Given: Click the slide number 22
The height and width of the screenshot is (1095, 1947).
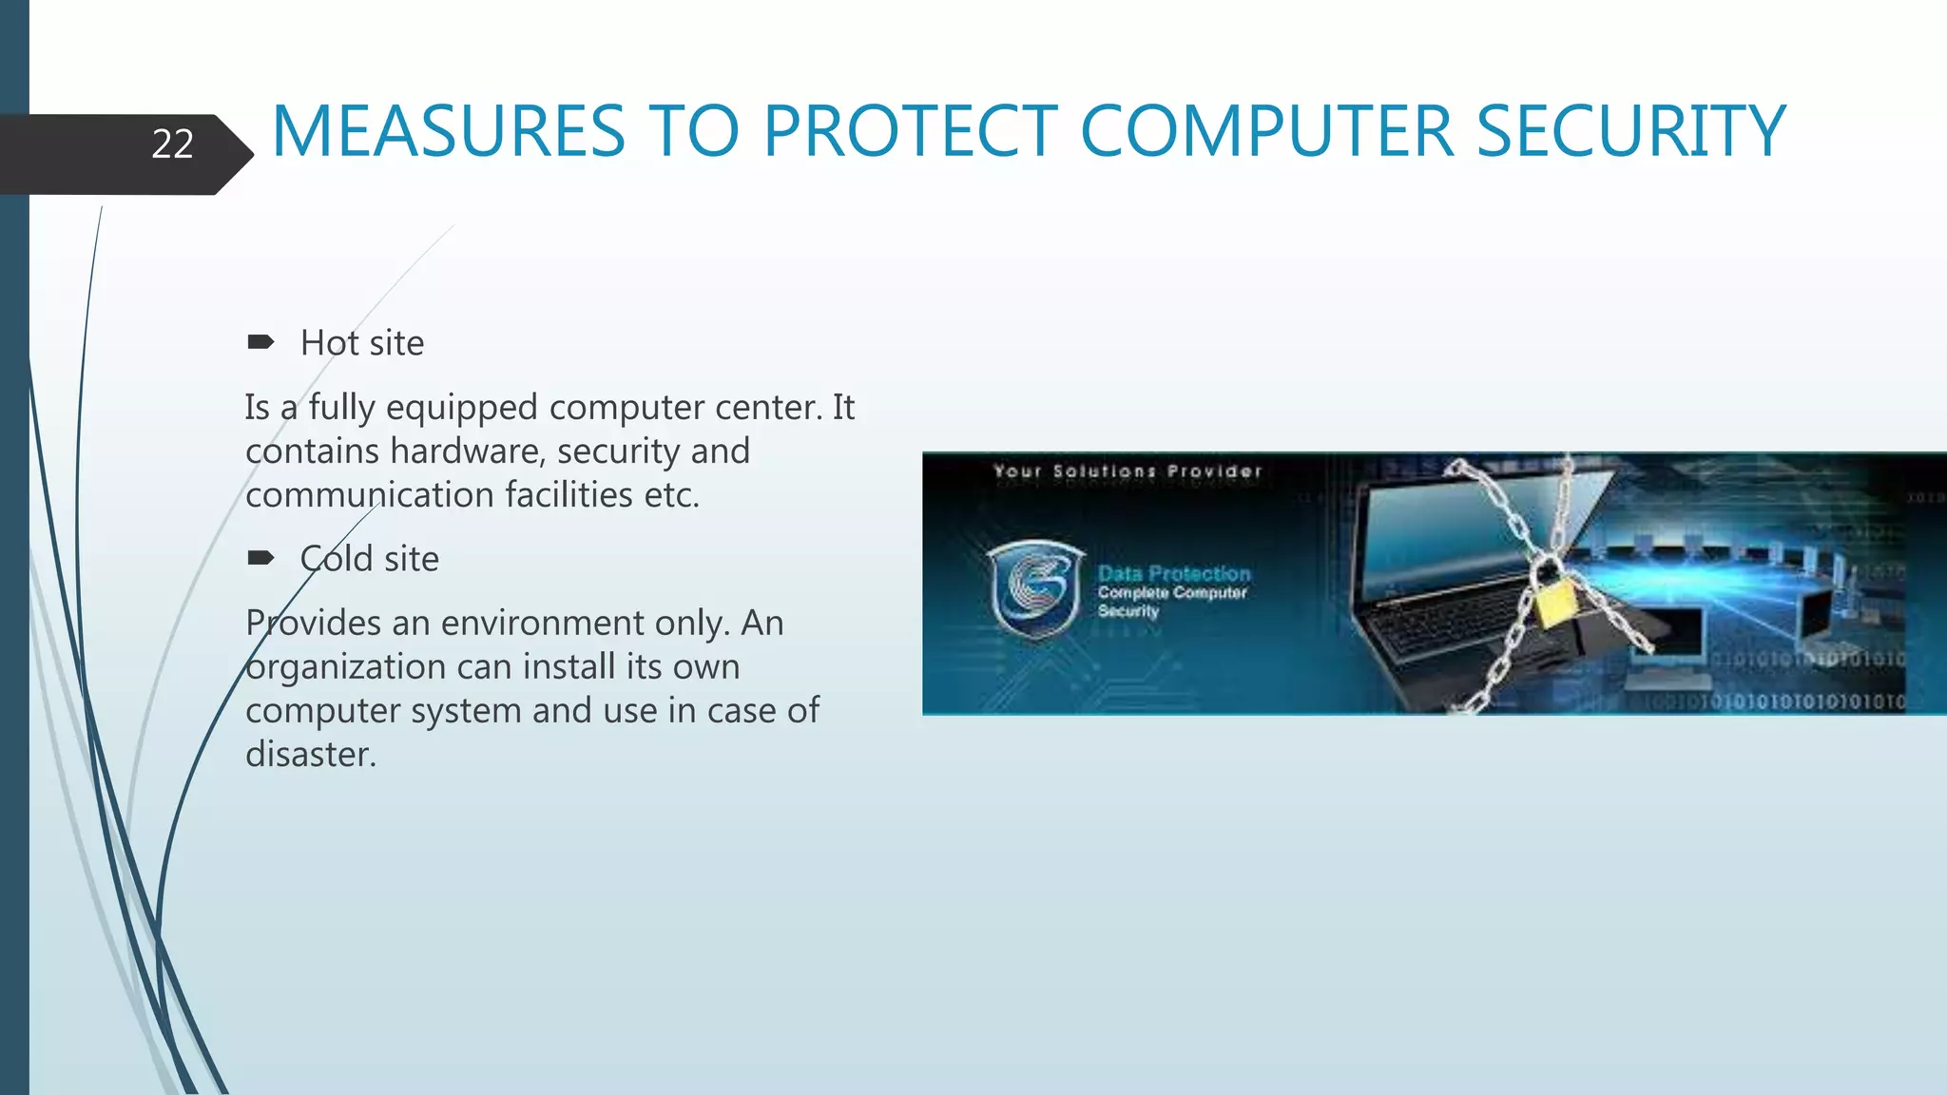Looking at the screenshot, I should click(x=172, y=144).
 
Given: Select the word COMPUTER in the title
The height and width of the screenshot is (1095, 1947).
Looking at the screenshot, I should click(x=1266, y=131).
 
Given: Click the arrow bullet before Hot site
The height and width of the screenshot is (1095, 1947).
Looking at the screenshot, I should click(x=260, y=342).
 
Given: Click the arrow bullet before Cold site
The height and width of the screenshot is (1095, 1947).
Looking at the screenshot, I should click(x=260, y=558).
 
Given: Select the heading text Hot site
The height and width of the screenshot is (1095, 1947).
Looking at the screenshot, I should click(x=362, y=343).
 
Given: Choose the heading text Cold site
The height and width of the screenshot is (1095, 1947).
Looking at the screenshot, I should click(x=370, y=559).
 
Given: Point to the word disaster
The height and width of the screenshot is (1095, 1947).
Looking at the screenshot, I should click(x=311, y=755).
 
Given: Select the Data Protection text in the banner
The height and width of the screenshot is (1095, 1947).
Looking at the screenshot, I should click(x=1174, y=573).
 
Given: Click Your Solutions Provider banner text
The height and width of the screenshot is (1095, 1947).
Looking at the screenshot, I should click(x=1128, y=471).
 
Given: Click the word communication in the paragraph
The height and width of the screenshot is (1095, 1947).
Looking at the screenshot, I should click(x=370, y=495).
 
